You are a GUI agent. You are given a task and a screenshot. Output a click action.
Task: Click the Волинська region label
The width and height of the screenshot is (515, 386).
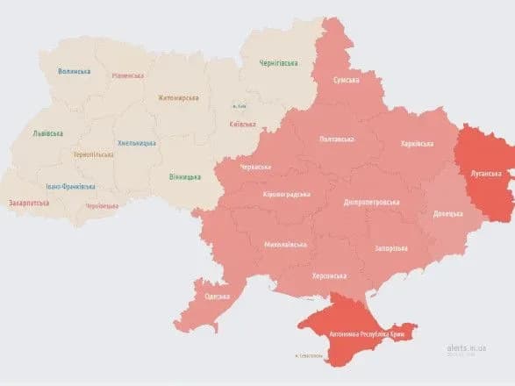[74, 71]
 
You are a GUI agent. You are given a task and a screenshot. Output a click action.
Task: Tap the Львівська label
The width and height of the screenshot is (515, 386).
[47, 133]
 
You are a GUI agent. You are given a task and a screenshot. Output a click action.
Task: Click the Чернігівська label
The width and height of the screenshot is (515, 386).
[278, 63]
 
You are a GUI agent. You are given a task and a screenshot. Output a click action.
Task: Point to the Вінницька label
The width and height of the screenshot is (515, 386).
[184, 177]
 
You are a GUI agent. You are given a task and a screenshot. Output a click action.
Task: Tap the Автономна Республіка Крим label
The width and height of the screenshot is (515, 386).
[368, 334]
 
